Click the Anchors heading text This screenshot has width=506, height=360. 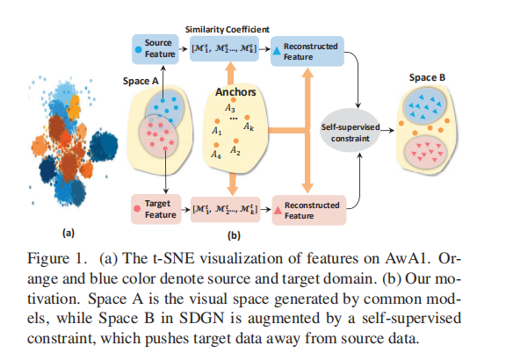tap(229, 89)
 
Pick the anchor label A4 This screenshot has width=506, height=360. tap(213, 155)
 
